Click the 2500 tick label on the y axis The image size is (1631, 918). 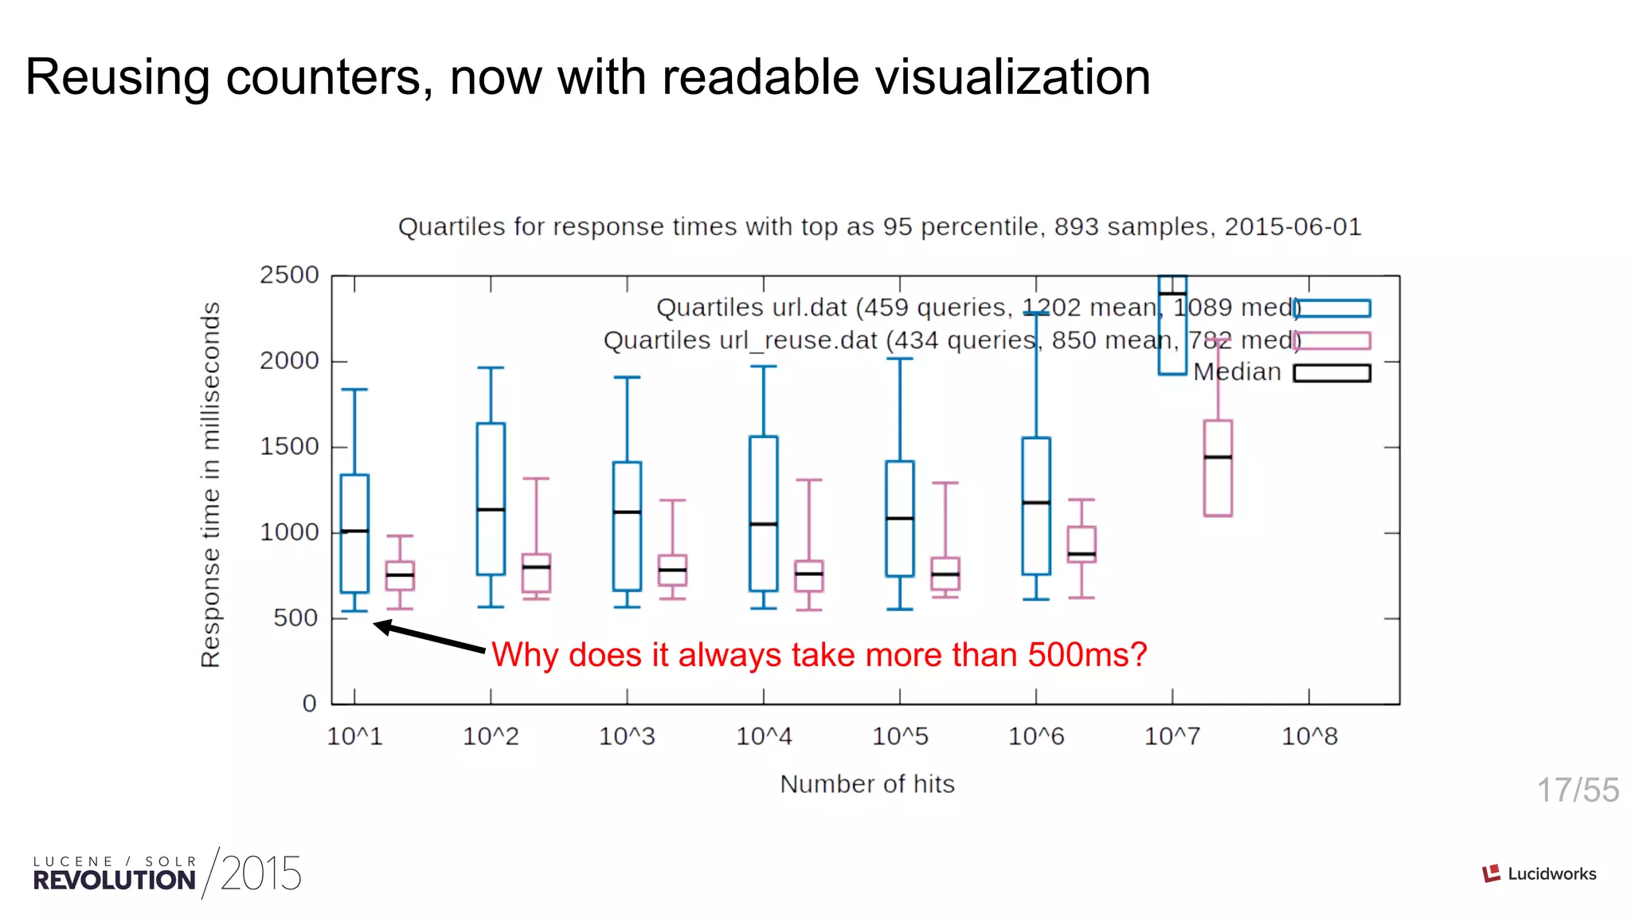coord(288,275)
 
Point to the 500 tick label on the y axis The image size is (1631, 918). coord(295,618)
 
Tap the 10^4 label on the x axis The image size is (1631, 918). coord(764,736)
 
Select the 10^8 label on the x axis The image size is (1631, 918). coord(1309,736)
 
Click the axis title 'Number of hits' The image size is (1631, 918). coord(866,784)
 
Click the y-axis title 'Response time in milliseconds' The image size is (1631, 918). coord(210,484)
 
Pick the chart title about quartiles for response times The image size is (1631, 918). coord(879,226)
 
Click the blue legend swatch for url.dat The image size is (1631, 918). coord(1332,308)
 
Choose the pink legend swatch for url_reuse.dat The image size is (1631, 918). coord(1332,341)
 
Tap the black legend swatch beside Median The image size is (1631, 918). coord(1332,373)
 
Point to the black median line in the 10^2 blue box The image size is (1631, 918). coord(491,509)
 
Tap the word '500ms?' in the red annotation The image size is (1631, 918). coord(1087,655)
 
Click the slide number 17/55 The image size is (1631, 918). coord(1577,790)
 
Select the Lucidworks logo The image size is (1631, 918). coord(1539,873)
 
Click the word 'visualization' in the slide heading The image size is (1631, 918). coord(905,77)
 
